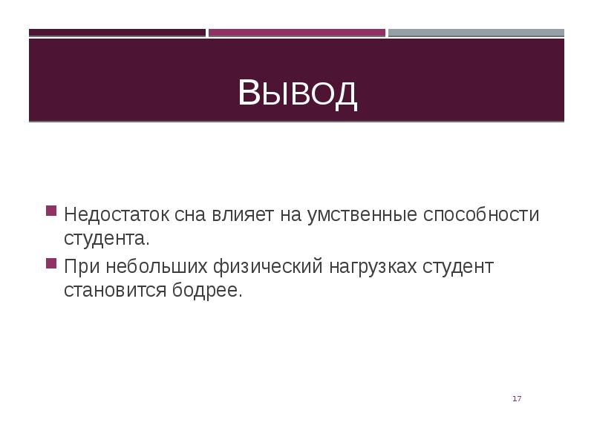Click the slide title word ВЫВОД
tap(297, 93)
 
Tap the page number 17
tap(517, 400)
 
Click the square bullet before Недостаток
tap(51, 211)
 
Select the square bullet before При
tap(51, 263)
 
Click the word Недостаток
tap(117, 215)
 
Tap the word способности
tap(481, 215)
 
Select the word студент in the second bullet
tap(457, 266)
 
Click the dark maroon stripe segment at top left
tap(117, 33)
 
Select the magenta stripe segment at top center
tap(297, 33)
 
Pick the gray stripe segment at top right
tap(476, 33)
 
